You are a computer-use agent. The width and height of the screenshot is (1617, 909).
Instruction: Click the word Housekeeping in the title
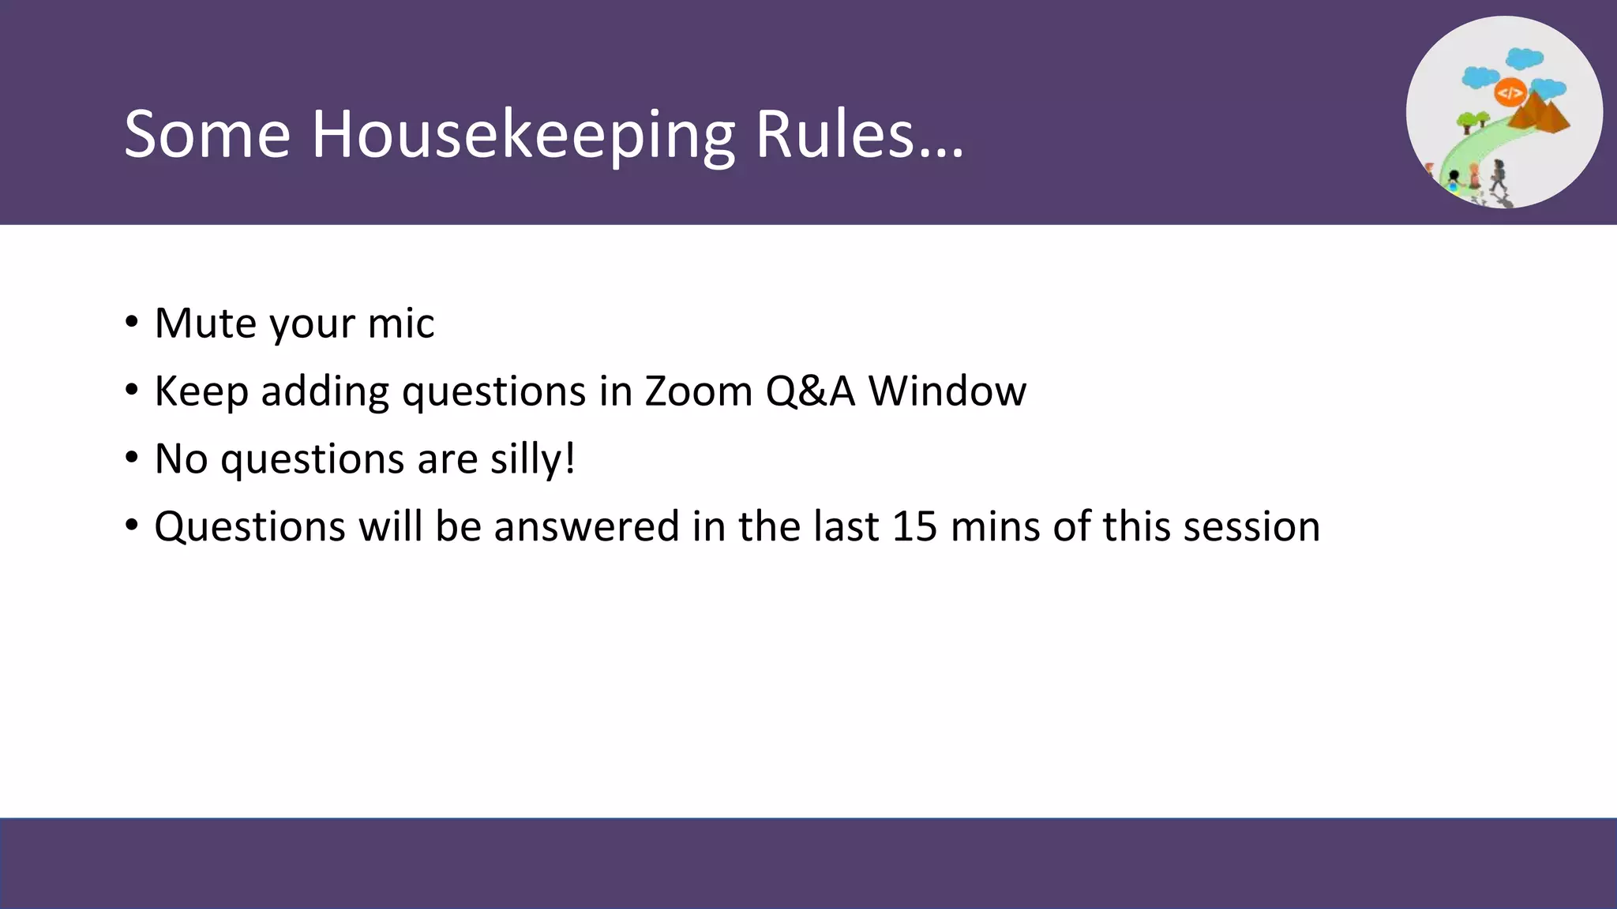(523, 135)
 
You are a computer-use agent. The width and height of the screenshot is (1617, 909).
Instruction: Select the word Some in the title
(207, 135)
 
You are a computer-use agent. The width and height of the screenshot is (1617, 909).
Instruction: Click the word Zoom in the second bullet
(698, 391)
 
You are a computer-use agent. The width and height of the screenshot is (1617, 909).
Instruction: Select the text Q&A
(810, 391)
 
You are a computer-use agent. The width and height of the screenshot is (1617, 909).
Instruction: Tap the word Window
(947, 391)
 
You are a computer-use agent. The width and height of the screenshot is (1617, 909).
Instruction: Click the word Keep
(201, 391)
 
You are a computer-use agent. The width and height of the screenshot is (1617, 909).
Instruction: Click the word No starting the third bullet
(181, 458)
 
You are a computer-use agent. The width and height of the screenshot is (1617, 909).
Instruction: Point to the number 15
(914, 526)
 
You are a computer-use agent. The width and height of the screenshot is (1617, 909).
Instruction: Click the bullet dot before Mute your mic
(132, 322)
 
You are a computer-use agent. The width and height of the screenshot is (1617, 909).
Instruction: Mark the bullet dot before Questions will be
(132, 525)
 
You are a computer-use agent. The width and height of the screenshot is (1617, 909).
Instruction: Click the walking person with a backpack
(1498, 175)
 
